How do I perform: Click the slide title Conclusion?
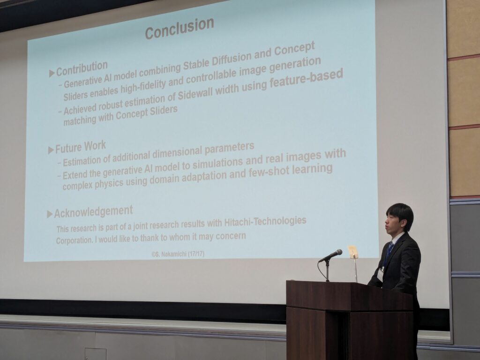[x=180, y=28]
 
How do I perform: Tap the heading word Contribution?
[x=82, y=68]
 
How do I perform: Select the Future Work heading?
[x=81, y=147]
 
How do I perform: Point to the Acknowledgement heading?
[x=93, y=211]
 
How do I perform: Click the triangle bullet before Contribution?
[x=52, y=73]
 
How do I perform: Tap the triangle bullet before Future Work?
[x=51, y=150]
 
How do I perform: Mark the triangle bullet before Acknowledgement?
[x=50, y=214]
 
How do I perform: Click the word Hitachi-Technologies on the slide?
[x=265, y=221]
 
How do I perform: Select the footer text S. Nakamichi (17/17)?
[x=178, y=254]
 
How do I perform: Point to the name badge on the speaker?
[x=380, y=274]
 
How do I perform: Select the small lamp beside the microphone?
[x=352, y=252]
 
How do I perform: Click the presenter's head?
[x=398, y=218]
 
